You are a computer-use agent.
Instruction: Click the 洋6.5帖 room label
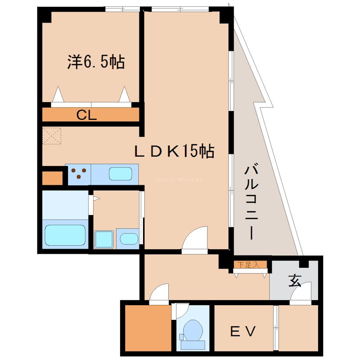[x=96, y=62]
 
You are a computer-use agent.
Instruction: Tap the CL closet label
[x=87, y=115]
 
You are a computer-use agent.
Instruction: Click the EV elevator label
[x=243, y=332]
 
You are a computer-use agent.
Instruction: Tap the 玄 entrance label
[x=294, y=281]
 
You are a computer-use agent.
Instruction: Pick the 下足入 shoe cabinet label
[x=249, y=265]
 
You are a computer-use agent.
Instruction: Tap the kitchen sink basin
[x=121, y=174]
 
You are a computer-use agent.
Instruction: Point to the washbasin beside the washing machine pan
[x=129, y=238]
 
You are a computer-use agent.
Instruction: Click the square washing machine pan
[x=104, y=239]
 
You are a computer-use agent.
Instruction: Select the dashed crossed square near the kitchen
[x=51, y=136]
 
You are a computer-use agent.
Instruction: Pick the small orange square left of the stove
[x=52, y=178]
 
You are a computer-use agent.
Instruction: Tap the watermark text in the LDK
[x=180, y=180]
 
